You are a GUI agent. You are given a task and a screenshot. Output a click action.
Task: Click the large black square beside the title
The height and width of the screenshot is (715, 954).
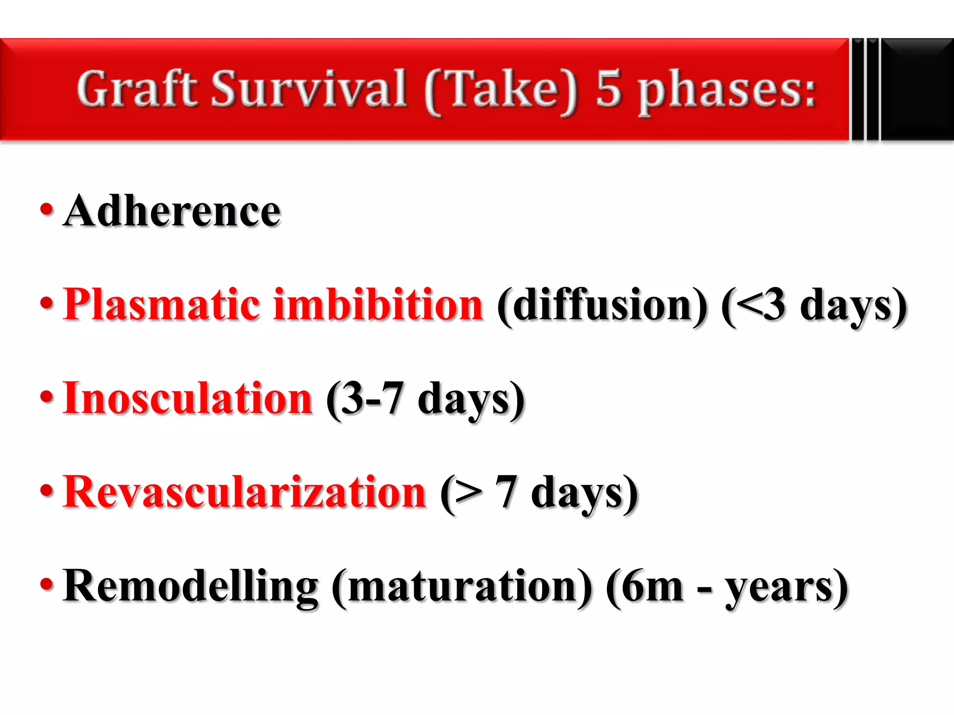pos(917,89)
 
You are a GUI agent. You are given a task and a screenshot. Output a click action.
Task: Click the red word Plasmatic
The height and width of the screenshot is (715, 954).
pos(161,305)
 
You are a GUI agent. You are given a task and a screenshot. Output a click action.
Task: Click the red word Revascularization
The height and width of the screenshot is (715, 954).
pos(244,492)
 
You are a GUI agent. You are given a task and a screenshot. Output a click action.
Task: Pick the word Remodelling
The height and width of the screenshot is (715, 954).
pos(191,587)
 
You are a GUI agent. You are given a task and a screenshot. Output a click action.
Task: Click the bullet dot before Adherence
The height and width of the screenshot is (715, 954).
pos(47,209)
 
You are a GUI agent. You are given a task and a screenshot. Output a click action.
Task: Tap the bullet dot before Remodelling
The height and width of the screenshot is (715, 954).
pos(47,584)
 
